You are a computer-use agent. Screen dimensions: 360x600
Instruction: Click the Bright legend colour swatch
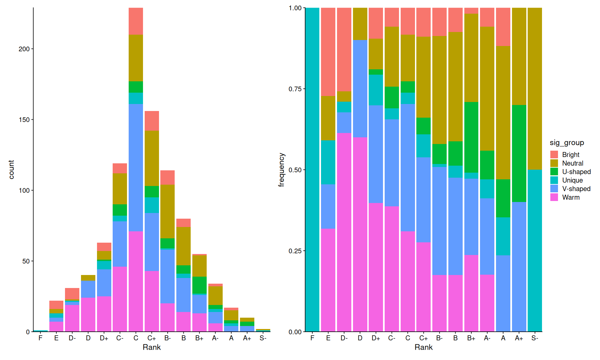click(554, 155)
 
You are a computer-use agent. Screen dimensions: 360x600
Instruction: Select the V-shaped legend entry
click(576, 189)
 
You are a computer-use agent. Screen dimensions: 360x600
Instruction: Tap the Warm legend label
click(571, 197)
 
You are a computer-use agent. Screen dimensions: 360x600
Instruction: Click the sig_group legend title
click(567, 143)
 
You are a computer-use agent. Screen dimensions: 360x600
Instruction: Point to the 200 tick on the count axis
click(24, 49)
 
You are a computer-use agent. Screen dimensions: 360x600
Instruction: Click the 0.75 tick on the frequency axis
click(295, 89)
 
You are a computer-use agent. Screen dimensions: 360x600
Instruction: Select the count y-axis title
click(11, 170)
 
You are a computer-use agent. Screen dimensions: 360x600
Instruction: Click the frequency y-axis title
click(282, 170)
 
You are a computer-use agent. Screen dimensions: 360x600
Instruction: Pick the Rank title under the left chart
click(152, 347)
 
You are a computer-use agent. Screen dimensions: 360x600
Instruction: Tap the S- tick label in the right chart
click(535, 338)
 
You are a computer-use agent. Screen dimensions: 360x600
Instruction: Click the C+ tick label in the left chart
click(152, 338)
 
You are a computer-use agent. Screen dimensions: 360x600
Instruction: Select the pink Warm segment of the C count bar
click(136, 281)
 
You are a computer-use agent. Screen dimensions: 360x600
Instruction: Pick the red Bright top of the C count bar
click(136, 21)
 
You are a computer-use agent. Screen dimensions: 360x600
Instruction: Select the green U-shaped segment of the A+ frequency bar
click(519, 153)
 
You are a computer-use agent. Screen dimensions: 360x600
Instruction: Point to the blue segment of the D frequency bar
click(360, 88)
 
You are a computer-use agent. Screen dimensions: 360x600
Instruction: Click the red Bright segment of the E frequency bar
click(328, 52)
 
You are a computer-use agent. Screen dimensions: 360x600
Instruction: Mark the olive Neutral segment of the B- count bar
click(167, 211)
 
